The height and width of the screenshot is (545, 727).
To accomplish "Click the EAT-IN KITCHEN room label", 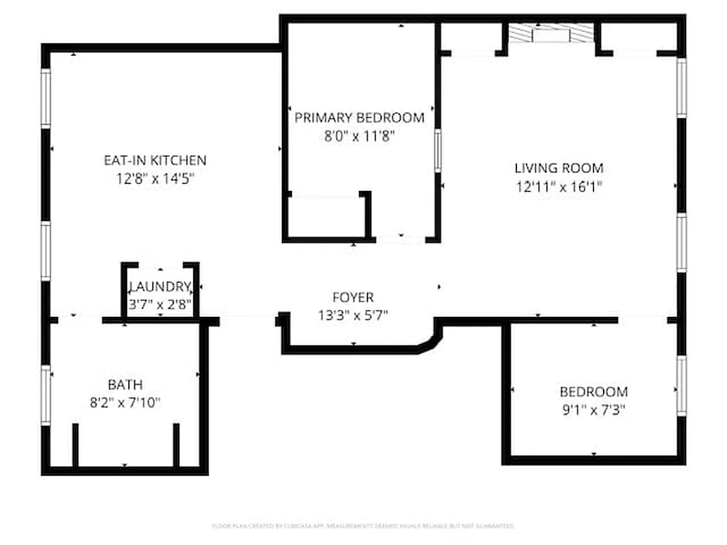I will click(x=155, y=161).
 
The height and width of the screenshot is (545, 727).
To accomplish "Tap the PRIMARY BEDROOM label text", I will click(x=359, y=118).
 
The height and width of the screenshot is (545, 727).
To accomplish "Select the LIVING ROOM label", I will click(x=559, y=168).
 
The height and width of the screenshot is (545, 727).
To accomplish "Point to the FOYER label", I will click(x=353, y=298).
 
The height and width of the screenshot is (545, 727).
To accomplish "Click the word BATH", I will click(x=125, y=385).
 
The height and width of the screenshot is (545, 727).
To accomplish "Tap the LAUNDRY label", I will click(x=160, y=287).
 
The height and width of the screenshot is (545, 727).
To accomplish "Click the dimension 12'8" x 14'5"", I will click(x=155, y=179).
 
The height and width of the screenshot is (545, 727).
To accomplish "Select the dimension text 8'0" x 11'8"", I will click(x=359, y=136).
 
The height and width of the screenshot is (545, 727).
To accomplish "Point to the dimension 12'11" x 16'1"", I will click(x=559, y=186).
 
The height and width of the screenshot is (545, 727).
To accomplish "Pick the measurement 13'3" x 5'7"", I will click(x=353, y=315).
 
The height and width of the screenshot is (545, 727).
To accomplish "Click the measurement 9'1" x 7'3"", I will click(x=593, y=410).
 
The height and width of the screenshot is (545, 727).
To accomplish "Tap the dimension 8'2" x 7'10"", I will click(x=125, y=403).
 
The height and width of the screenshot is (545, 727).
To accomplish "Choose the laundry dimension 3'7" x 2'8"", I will click(x=160, y=305).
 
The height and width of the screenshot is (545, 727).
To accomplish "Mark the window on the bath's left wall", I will click(x=46, y=395).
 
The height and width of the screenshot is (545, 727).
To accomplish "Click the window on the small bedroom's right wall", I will click(x=681, y=386).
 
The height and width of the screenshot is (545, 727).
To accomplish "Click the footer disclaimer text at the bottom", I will click(x=363, y=526).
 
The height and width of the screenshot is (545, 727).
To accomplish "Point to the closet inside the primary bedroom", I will click(x=326, y=218).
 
